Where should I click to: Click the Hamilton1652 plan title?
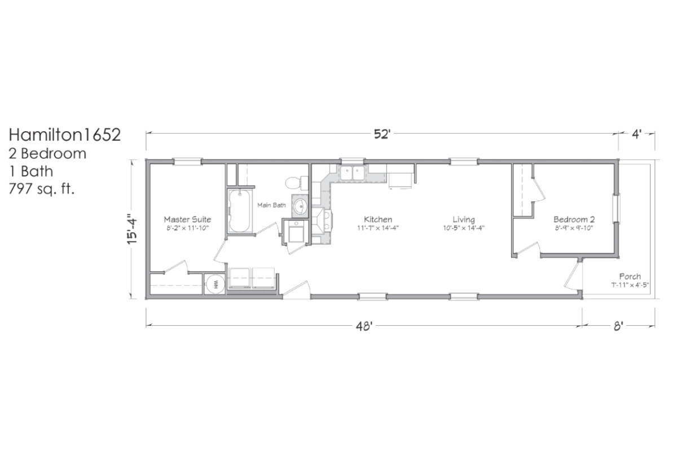coord(65,135)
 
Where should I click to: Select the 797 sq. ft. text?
coord(41,189)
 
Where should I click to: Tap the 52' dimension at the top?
coord(382,134)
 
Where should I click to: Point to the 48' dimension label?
coord(364,326)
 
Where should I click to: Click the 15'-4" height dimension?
coord(133,229)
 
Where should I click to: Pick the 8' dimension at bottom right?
coord(618,326)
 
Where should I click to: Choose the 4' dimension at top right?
coord(636,134)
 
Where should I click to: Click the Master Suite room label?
coord(187,219)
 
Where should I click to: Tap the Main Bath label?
coord(271,205)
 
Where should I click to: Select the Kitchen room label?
coord(378,219)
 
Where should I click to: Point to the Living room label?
coord(464,219)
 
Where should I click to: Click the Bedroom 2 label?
coord(574,219)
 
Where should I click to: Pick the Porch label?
coord(630,276)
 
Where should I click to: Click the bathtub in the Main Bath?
coord(240,211)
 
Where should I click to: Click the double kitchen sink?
coord(352,173)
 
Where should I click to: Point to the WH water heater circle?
coord(215,284)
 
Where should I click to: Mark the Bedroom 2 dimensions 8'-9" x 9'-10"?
coord(574,228)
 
